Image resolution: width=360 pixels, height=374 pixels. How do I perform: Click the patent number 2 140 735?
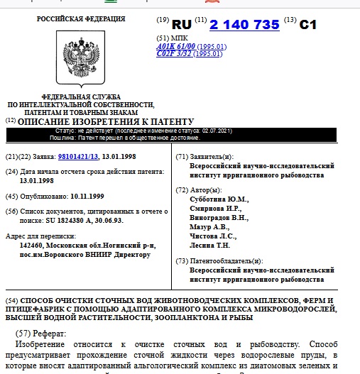pos(245,24)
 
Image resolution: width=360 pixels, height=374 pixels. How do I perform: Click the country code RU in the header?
pos(182,24)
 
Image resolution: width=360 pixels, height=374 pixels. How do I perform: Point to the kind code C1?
pos(307,24)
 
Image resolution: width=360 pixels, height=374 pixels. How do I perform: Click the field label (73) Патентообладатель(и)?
pos(219,261)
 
